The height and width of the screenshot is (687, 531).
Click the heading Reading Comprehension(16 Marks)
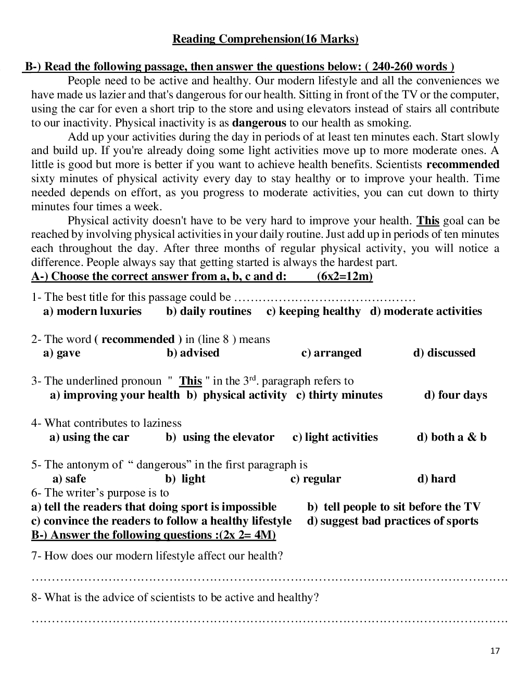[265, 39]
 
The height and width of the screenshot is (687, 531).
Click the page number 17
[495, 651]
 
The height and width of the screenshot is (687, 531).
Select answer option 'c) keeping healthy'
[313, 311]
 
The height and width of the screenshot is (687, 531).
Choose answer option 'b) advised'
[193, 353]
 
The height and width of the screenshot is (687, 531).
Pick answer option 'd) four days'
[456, 395]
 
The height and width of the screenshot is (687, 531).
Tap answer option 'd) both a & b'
[451, 437]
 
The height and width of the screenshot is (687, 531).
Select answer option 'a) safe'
[69, 479]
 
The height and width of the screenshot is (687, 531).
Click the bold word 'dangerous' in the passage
[259, 123]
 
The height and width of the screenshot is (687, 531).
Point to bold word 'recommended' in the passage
[463, 165]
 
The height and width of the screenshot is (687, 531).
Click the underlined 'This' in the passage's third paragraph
[428, 221]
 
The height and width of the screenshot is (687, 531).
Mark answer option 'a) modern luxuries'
[92, 311]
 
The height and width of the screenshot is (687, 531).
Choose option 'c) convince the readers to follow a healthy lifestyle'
[161, 521]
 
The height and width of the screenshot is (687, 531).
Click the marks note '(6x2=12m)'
[345, 276]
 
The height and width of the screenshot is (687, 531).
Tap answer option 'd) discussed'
[444, 353]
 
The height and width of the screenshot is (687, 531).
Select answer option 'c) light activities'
[335, 437]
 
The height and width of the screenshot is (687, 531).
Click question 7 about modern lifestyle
[157, 556]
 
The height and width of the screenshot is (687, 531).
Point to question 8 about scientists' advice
[175, 597]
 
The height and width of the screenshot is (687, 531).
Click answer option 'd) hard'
[436, 479]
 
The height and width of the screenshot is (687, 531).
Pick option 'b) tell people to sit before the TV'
[394, 507]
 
